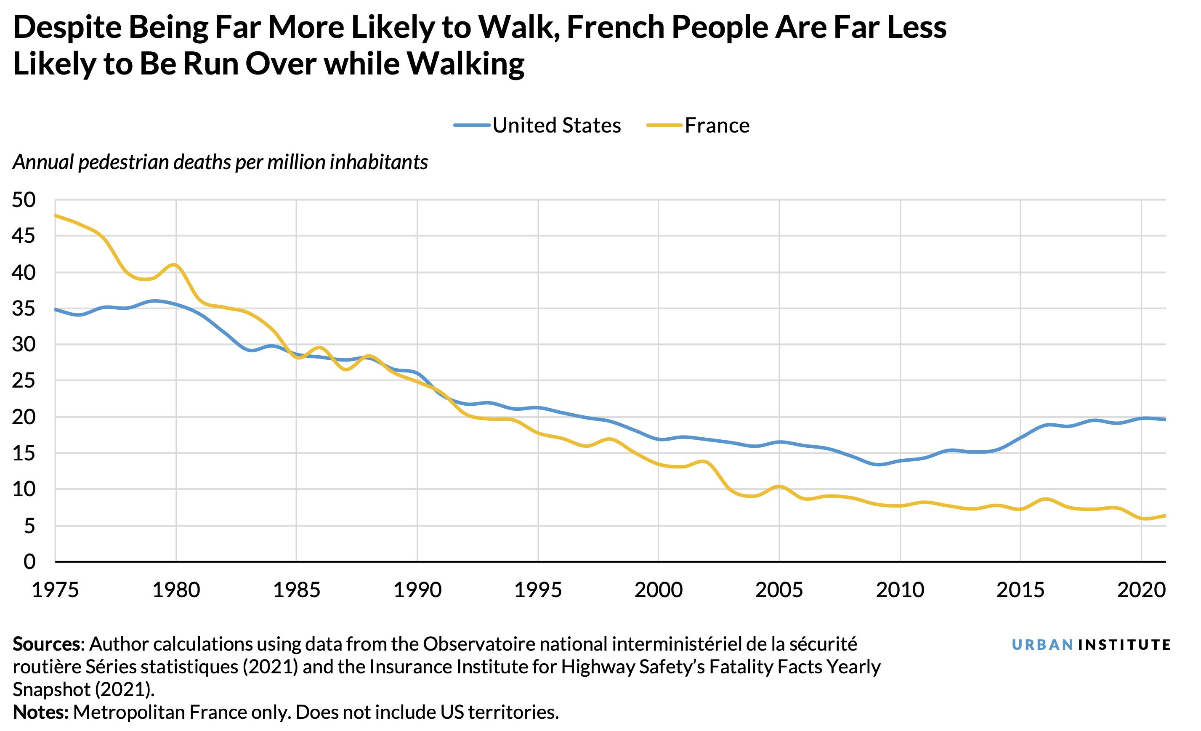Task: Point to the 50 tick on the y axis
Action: click(24, 200)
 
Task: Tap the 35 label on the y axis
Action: click(24, 308)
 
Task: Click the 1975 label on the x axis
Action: click(55, 590)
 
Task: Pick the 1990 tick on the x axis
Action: click(417, 590)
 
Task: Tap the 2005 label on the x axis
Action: click(779, 590)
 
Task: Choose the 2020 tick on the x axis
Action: click(1141, 590)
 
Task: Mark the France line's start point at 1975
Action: click(56, 215)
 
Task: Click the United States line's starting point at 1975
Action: click(56, 309)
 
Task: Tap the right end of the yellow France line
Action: click(1164, 516)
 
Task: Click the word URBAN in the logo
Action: click(1042, 645)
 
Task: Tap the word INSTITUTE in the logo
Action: click(1124, 645)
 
